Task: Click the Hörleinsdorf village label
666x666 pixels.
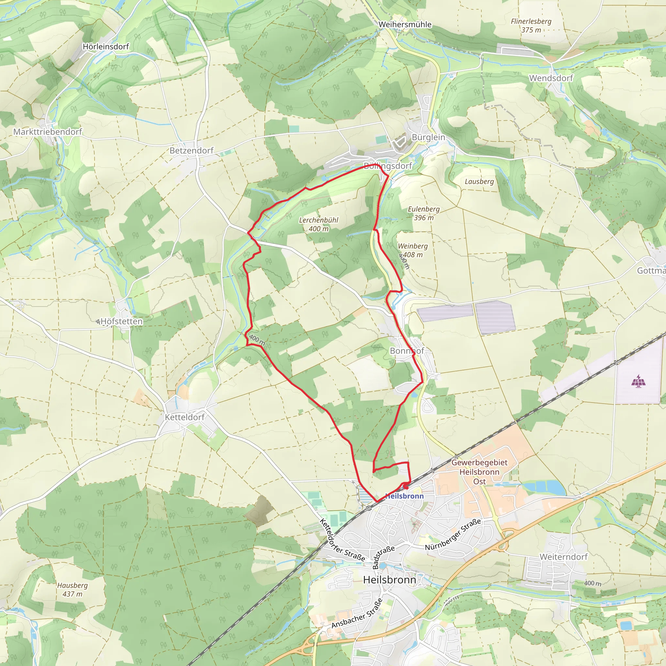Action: (x=106, y=47)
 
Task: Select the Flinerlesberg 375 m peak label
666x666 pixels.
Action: (x=531, y=25)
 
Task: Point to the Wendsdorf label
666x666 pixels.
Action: (x=551, y=78)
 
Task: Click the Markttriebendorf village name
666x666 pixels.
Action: (x=47, y=132)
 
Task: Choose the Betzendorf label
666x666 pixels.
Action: (x=191, y=151)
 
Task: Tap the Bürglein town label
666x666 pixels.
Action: (x=428, y=137)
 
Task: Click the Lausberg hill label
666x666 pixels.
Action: (x=479, y=182)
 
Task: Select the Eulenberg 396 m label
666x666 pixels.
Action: (x=424, y=213)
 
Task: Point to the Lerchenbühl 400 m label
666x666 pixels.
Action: (x=318, y=224)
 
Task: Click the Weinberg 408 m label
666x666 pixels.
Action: (x=413, y=250)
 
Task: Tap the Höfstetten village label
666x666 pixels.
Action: (x=121, y=321)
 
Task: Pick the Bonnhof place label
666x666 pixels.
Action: (x=407, y=351)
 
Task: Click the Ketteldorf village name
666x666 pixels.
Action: (x=184, y=417)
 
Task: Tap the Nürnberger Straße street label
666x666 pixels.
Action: (x=453, y=535)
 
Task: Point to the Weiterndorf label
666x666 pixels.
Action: (x=563, y=557)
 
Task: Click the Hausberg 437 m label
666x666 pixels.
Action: (x=73, y=590)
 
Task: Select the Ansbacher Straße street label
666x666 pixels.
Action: (x=357, y=614)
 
